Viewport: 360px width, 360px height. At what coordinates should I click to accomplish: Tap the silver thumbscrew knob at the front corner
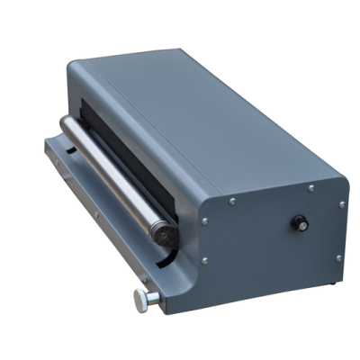(x=140, y=301)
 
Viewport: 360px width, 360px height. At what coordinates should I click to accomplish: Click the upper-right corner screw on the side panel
(x=341, y=204)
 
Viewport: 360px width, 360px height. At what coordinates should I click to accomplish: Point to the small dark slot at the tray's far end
(x=64, y=145)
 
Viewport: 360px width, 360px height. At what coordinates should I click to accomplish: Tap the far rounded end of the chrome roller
(x=65, y=123)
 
